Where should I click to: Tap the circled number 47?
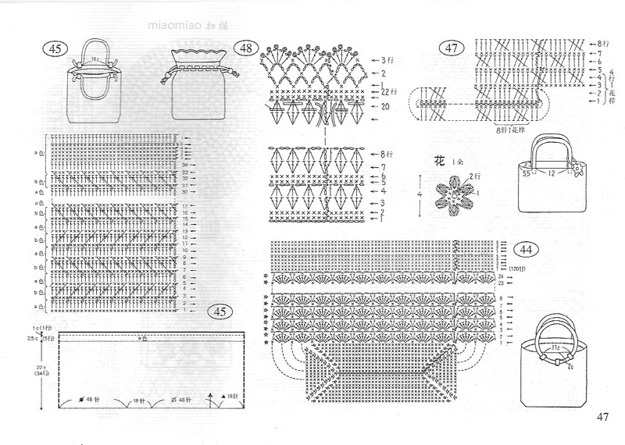451,48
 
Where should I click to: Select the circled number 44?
526,250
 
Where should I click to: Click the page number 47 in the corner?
602,417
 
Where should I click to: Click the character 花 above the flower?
440,162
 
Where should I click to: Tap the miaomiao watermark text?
175,25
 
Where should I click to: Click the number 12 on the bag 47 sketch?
550,173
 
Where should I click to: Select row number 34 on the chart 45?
184,166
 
